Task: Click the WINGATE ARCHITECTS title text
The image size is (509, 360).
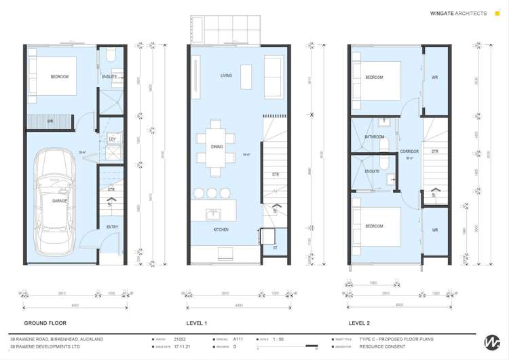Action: tap(458, 13)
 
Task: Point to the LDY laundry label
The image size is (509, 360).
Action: tap(111, 140)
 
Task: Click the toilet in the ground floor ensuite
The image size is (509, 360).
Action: tap(111, 54)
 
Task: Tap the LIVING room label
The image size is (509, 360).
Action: tap(226, 75)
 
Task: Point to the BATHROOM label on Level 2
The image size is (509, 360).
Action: tap(374, 137)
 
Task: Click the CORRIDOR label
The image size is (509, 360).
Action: tap(409, 151)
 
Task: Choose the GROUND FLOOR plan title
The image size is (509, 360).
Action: tap(45, 323)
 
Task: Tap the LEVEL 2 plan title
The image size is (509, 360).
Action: tap(359, 323)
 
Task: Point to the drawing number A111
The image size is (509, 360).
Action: tap(238, 338)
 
